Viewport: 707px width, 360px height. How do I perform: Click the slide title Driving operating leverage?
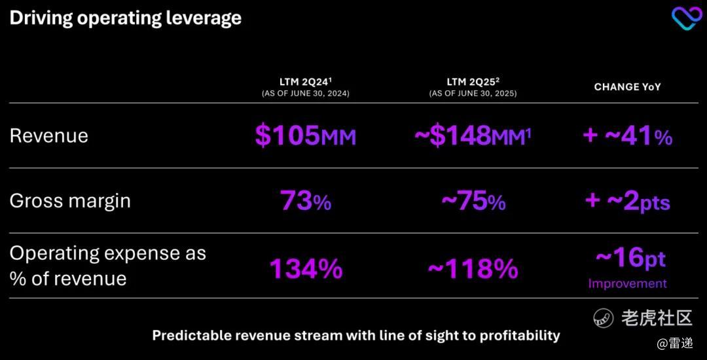click(125, 18)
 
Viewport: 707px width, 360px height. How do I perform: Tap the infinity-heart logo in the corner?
click(686, 18)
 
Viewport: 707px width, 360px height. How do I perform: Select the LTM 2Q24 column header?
click(305, 82)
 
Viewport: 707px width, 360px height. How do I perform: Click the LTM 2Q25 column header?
click(473, 82)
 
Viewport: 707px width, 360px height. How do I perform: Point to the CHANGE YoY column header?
click(627, 86)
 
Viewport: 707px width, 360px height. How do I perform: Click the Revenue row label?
click(48, 135)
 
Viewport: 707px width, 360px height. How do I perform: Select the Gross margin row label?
click(70, 200)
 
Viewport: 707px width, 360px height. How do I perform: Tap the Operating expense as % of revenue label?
click(107, 266)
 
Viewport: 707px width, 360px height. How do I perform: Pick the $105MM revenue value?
click(305, 135)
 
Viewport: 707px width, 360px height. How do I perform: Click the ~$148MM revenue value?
click(473, 135)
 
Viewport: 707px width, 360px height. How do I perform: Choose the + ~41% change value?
click(627, 135)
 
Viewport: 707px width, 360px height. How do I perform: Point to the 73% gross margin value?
click(305, 201)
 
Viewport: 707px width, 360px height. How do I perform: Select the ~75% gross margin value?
click(473, 201)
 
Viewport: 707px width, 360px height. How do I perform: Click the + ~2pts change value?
click(627, 201)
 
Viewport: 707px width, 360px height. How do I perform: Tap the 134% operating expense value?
click(305, 268)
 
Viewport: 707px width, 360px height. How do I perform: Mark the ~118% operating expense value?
click(473, 268)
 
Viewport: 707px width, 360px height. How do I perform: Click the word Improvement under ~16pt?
click(627, 283)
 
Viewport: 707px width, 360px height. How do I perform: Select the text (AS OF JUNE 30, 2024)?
click(305, 94)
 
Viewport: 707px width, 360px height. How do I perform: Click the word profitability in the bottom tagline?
click(520, 336)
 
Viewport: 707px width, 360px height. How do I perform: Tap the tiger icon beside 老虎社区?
click(603, 318)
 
